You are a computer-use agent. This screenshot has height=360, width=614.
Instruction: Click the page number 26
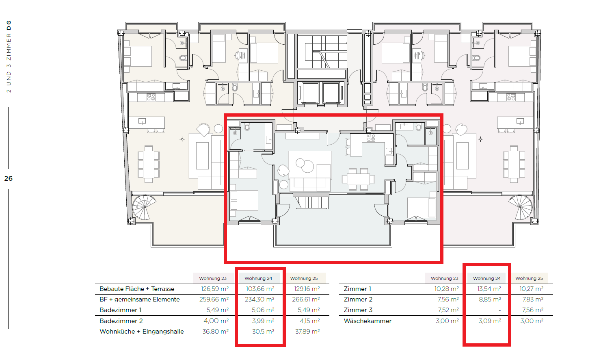(x=8, y=178)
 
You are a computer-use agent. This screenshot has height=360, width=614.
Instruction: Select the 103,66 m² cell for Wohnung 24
(x=259, y=289)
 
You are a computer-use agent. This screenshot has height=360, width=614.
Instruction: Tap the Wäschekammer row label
(x=368, y=321)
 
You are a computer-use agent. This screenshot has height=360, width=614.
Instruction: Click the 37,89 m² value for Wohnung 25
(x=307, y=332)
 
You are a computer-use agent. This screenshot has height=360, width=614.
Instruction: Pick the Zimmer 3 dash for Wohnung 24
(x=499, y=310)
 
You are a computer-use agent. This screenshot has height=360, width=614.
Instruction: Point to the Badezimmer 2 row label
(x=121, y=321)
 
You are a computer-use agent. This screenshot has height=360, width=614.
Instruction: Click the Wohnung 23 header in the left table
(x=213, y=278)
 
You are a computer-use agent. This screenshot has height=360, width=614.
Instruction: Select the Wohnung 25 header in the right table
(x=529, y=278)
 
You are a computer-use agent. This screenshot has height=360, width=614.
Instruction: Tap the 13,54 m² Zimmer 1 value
(x=489, y=289)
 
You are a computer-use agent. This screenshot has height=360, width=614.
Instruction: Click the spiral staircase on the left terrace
(x=144, y=207)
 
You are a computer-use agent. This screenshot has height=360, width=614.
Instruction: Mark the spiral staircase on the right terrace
(x=521, y=207)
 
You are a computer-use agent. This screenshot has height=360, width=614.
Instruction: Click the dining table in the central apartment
(x=358, y=179)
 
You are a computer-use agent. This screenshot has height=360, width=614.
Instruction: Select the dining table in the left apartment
(x=149, y=165)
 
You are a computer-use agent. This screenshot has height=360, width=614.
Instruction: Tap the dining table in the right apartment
(x=514, y=165)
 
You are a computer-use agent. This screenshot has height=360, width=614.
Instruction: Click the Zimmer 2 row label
(x=358, y=299)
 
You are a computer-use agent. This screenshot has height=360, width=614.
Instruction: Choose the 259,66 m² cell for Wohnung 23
(x=214, y=299)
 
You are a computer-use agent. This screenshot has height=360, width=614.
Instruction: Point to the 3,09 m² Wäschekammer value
(x=490, y=321)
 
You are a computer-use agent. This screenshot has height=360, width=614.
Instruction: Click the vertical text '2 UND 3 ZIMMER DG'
(x=9, y=56)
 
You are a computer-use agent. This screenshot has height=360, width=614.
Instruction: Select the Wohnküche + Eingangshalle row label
(x=142, y=332)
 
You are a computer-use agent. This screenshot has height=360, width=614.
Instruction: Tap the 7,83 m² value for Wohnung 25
(x=533, y=299)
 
